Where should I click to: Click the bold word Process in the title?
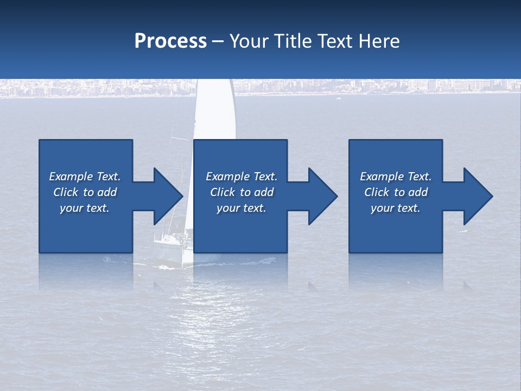click(170, 41)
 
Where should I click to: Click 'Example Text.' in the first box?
click(85, 176)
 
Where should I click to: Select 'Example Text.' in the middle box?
click(242, 176)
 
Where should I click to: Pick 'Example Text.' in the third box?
click(396, 176)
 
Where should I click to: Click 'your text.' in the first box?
click(85, 208)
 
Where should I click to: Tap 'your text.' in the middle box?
click(242, 208)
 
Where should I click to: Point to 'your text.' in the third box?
click(396, 208)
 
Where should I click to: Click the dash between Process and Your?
click(218, 42)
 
